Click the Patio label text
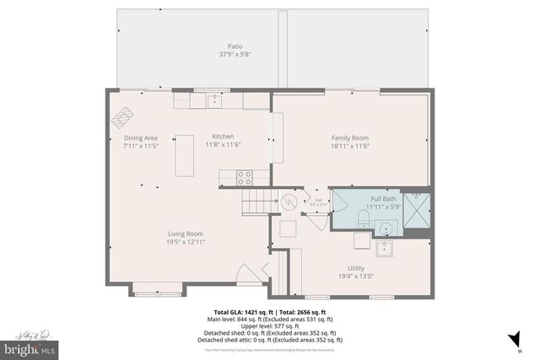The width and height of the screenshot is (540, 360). pos(235,47)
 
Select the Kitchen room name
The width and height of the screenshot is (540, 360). pos(223,137)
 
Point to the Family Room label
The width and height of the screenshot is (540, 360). pos(349,137)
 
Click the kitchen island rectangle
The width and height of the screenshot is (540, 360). pos(184,155)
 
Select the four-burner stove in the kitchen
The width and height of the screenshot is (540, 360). pos(245,178)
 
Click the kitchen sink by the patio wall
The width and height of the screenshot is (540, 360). pos(214,100)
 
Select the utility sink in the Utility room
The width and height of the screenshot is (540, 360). pos(384,248)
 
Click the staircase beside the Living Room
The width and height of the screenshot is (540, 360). pos(259,203)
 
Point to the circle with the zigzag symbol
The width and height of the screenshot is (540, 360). pos(289,202)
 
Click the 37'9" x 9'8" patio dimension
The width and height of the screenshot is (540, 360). pos(235,55)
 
